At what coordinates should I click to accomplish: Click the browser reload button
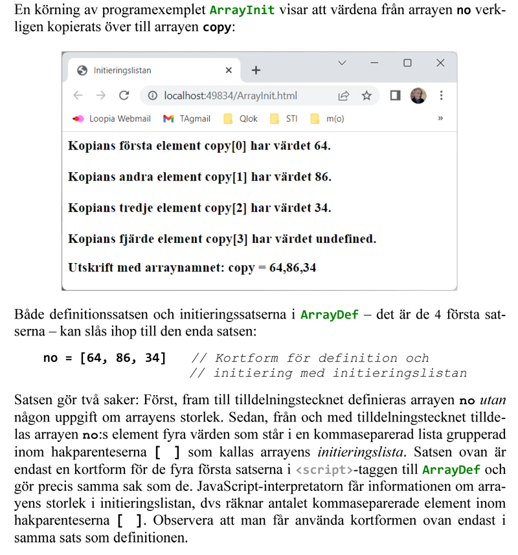[124, 96]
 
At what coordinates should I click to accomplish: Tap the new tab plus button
[256, 70]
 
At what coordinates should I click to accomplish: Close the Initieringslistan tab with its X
[229, 70]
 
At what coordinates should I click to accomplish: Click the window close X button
[440, 63]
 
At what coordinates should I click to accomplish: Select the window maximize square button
[407, 63]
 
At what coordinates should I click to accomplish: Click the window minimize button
[374, 63]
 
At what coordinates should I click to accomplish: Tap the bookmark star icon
[366, 96]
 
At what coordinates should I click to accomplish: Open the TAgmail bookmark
[187, 119]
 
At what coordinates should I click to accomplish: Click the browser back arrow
[78, 96]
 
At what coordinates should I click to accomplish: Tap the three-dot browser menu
[441, 96]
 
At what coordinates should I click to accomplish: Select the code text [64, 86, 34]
[122, 357]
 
